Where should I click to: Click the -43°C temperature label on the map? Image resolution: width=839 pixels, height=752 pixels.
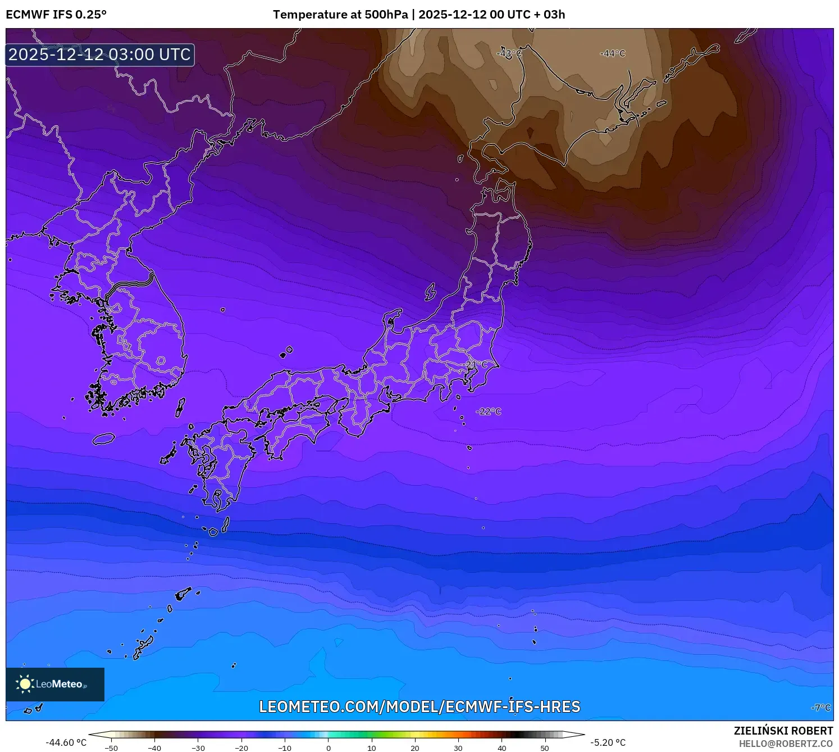(509, 53)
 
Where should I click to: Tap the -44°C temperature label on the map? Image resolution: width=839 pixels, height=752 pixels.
(613, 53)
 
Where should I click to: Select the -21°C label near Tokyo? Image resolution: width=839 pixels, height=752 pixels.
(476, 365)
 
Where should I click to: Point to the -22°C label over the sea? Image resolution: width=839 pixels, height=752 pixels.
(489, 411)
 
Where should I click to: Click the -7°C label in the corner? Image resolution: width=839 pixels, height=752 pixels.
(821, 708)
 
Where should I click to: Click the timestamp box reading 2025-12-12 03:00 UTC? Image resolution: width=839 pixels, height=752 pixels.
(99, 55)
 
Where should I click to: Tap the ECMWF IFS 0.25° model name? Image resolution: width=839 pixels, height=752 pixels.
(56, 15)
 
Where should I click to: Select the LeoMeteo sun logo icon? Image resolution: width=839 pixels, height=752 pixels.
(25, 683)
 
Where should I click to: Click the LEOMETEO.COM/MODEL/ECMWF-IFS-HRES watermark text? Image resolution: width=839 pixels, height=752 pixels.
(419, 706)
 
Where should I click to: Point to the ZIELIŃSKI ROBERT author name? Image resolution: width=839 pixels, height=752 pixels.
(783, 731)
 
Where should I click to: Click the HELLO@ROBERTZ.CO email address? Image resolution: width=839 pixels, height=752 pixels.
(786, 744)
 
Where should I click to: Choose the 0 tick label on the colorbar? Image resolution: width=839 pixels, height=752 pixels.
(329, 748)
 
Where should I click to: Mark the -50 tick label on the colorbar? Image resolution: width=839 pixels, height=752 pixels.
(111, 748)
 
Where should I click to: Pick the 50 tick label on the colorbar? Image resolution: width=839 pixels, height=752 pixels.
(545, 748)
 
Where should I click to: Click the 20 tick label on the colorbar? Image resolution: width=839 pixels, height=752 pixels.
(415, 748)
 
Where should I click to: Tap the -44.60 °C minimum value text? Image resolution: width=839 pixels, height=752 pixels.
(66, 742)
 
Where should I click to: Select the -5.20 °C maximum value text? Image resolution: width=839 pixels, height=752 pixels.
(608, 742)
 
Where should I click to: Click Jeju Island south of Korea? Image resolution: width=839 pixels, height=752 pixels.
(104, 438)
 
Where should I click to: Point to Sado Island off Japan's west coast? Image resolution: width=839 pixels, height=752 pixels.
(430, 292)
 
